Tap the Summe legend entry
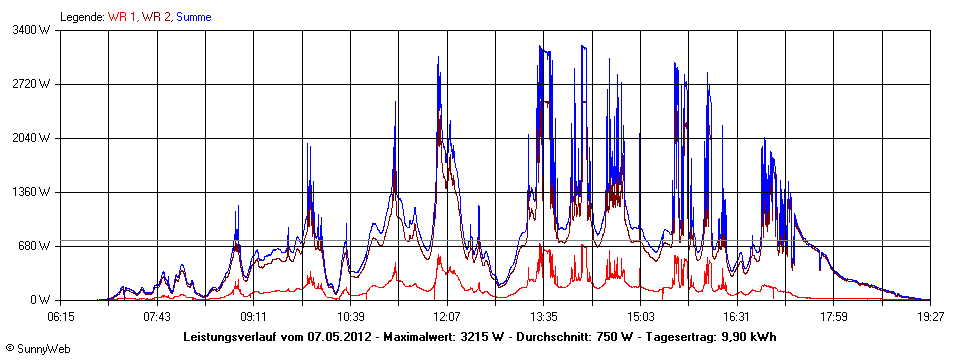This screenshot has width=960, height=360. tap(194, 17)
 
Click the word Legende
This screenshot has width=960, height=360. tap(82, 17)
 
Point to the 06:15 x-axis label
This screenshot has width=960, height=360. tap(61, 316)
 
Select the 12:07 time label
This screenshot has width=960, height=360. tap(447, 316)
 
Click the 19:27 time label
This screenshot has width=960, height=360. tap(930, 316)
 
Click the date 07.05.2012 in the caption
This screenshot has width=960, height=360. tap(340, 337)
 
